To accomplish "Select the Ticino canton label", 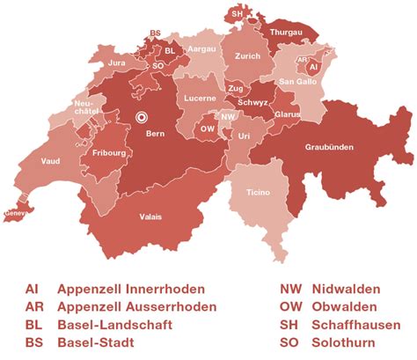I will (258, 193).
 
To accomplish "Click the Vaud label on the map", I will (50, 161).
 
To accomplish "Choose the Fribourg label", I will (105, 151).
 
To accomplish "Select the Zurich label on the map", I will (248, 55).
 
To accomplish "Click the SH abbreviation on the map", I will (237, 15).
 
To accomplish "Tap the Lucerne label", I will (200, 99).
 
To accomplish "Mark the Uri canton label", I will (245, 135).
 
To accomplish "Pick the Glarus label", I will (286, 114).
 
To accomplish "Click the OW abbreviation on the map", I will (208, 128).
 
